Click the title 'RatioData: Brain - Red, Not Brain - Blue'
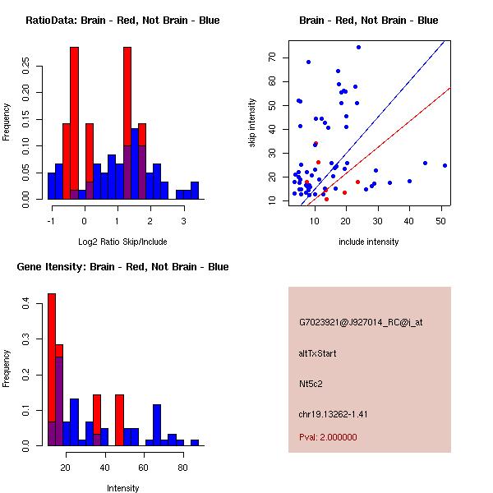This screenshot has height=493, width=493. (x=122, y=21)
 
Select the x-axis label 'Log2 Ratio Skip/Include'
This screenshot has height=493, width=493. (x=122, y=242)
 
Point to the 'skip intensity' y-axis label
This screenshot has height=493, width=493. (x=252, y=123)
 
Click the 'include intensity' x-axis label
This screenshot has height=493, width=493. (x=370, y=242)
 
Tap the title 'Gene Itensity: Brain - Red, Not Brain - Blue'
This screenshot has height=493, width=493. (x=122, y=267)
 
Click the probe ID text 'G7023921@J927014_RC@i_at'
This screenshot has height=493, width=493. (x=361, y=322)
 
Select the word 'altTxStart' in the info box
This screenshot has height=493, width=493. (x=318, y=353)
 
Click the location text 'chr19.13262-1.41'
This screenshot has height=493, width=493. (x=333, y=414)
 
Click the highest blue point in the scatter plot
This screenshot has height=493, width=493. (x=358, y=47)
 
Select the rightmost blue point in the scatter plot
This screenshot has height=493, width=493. (x=445, y=165)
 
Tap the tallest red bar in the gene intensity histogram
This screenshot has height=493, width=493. (x=51, y=370)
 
